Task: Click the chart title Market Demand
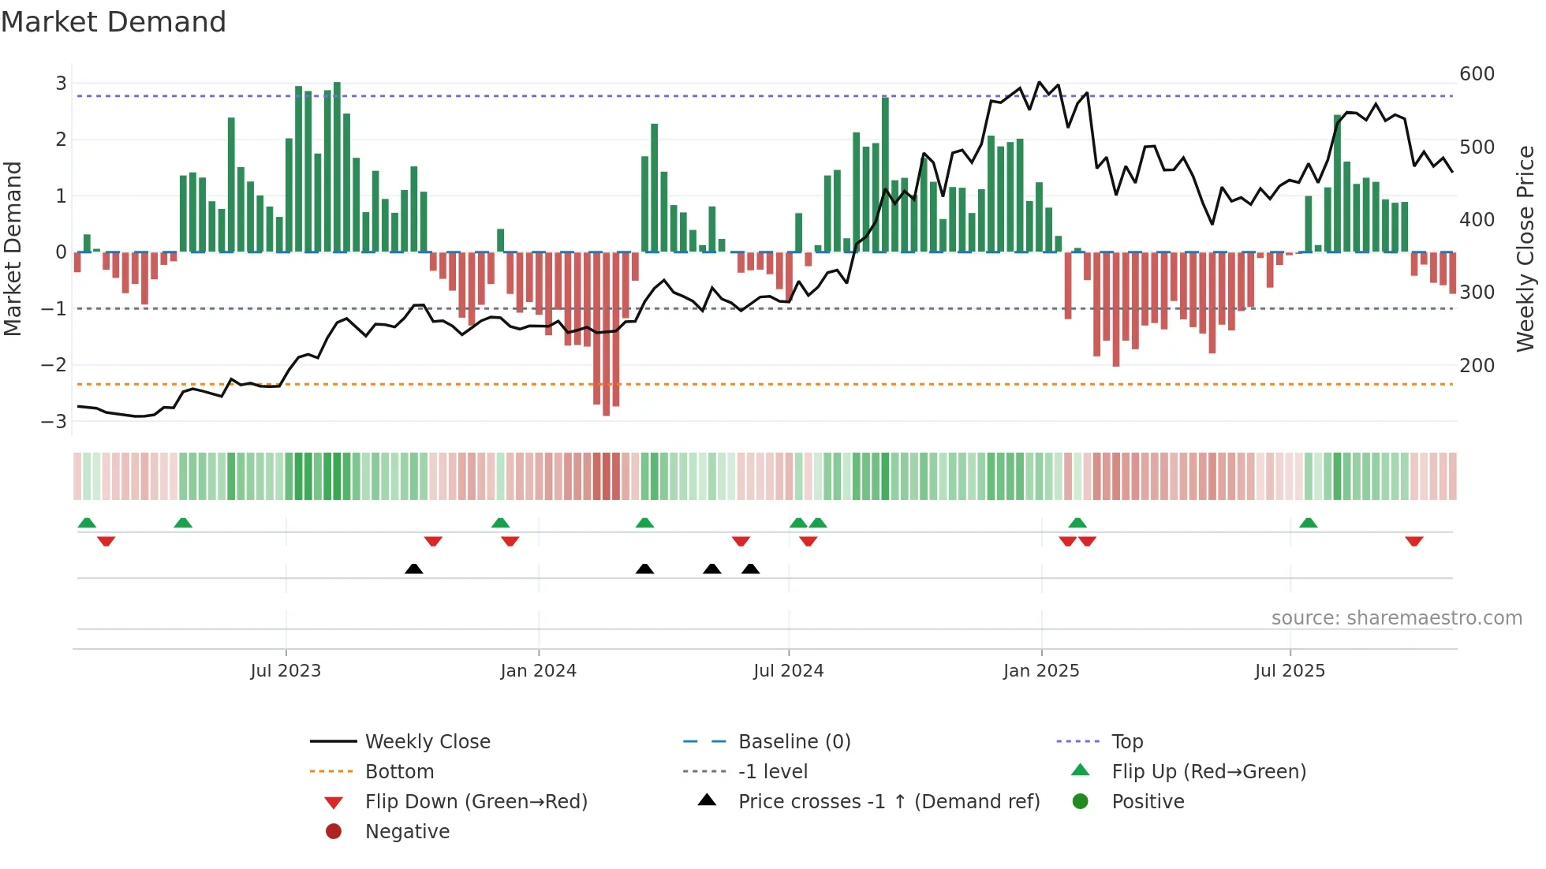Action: click(114, 22)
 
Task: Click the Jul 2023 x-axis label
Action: click(286, 671)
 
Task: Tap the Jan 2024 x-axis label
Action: click(538, 671)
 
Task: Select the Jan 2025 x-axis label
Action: click(1040, 671)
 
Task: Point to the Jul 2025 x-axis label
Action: click(1290, 671)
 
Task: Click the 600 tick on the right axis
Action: click(1477, 74)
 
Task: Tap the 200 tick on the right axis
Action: click(1477, 366)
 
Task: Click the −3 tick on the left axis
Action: click(54, 421)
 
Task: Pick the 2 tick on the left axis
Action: click(61, 140)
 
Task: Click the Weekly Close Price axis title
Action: click(1525, 248)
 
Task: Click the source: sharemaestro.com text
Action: click(1396, 618)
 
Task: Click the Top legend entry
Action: click(1126, 742)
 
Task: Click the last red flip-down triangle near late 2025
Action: click(1413, 541)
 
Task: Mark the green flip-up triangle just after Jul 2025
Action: click(1308, 523)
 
